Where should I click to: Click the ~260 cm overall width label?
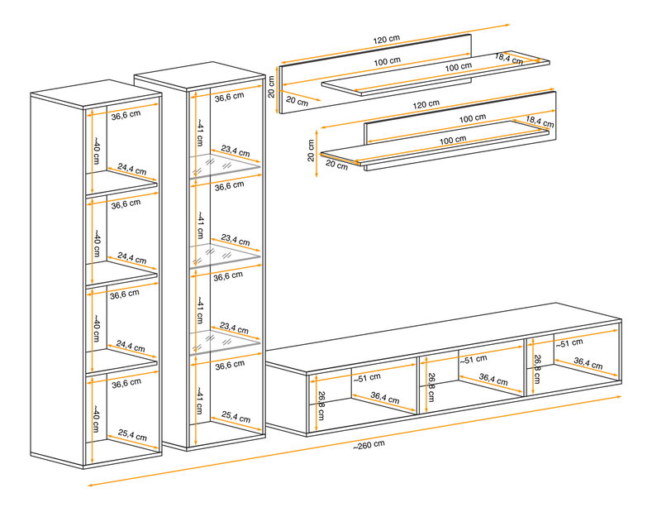(x=369, y=444)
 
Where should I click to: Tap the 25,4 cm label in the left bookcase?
(x=132, y=435)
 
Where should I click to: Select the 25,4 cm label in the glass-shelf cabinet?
(x=236, y=417)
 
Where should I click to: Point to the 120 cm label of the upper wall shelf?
(x=386, y=40)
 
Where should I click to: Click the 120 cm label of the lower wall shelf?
(x=426, y=104)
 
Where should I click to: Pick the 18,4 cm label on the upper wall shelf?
(x=508, y=59)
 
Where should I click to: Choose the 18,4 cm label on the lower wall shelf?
(x=540, y=122)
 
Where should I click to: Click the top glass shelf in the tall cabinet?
(x=225, y=166)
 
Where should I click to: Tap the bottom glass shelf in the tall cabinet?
(x=225, y=343)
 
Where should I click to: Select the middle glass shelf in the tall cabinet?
(x=225, y=255)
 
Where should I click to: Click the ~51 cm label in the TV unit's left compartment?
(x=367, y=377)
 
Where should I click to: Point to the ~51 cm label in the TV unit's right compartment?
(x=569, y=343)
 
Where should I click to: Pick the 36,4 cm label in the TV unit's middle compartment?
(x=493, y=379)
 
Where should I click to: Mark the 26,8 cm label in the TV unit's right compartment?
(x=537, y=369)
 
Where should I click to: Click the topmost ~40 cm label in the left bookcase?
(x=96, y=151)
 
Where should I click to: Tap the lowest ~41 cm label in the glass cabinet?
(x=199, y=400)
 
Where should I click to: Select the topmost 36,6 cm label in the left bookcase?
(x=126, y=115)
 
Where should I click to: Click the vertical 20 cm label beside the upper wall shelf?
(x=271, y=87)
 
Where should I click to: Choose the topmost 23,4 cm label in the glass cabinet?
(x=236, y=151)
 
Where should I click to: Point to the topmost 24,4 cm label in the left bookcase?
(x=132, y=169)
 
